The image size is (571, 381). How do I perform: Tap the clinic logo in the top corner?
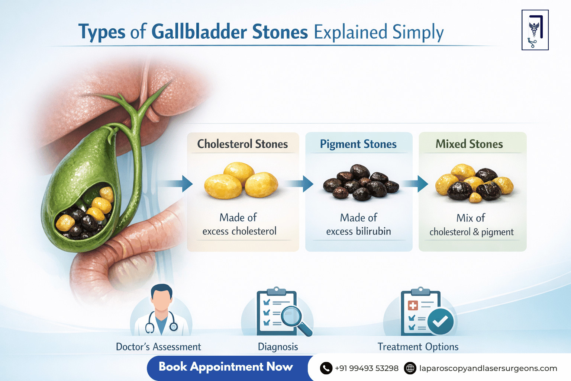point(535,30)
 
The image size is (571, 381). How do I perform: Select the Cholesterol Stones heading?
point(242,144)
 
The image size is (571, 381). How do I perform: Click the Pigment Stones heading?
point(358,144)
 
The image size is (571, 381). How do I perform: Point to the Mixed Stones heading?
point(469,144)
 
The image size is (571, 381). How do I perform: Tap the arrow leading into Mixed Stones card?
point(416,183)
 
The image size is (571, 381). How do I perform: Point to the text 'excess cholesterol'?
point(239,231)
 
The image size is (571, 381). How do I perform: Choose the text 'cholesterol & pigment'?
point(471,232)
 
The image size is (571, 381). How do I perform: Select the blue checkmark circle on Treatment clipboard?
point(440,321)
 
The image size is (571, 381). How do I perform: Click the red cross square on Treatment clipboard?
point(413,305)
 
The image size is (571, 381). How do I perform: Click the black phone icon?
point(326,368)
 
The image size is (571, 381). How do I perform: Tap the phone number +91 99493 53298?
point(367,368)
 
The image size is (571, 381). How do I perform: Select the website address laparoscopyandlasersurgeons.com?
point(488,368)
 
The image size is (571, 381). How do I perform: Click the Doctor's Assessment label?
point(158,347)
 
